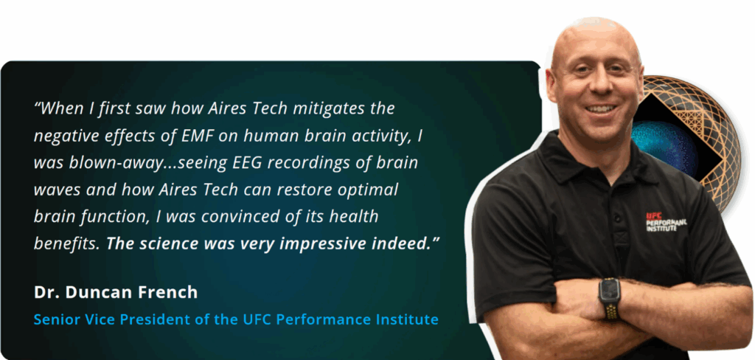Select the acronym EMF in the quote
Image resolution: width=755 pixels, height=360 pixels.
196,136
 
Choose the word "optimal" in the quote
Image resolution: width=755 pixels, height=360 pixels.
369,190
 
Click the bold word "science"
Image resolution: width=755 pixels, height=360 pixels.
170,244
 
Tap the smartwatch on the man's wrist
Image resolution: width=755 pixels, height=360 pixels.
610,298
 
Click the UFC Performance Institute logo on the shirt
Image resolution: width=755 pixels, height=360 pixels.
666,222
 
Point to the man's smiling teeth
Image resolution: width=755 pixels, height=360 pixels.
600,109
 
